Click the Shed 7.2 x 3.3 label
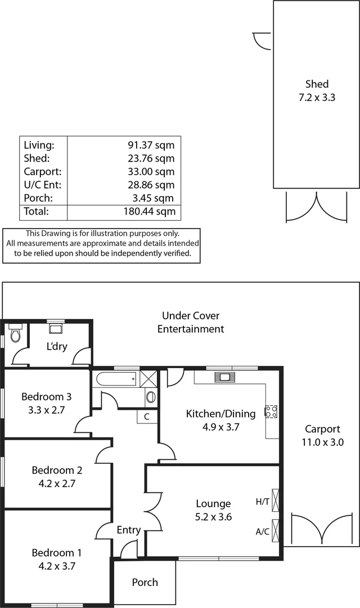tap(317, 91)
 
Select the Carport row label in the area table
tap(43, 172)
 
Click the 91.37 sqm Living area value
tap(151, 145)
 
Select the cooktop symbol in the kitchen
tap(271, 412)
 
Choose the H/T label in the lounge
tap(262, 501)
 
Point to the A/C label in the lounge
tap(262, 531)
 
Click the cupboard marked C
tap(147, 417)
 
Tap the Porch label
tap(145, 583)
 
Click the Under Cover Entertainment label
tap(191, 323)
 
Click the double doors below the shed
tap(317, 207)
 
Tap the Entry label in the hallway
tap(128, 530)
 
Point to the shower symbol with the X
tap(148, 378)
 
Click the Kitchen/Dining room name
tap(220, 414)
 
